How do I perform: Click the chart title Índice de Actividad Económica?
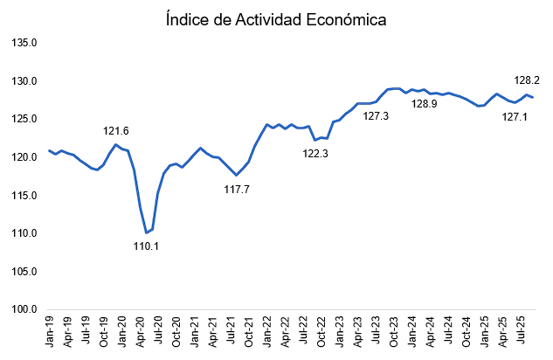[x=276, y=18]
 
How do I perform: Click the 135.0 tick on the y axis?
[x=23, y=43]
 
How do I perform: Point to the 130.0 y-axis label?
[x=23, y=81]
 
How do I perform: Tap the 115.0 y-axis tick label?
[x=23, y=195]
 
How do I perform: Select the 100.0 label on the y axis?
[x=23, y=308]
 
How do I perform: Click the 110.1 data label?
[x=145, y=246]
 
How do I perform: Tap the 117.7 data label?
[x=237, y=189]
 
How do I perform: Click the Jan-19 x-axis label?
[x=50, y=333]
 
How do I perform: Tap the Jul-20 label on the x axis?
[x=157, y=333]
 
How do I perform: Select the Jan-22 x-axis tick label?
[x=266, y=333]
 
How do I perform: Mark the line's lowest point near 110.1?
[x=146, y=232]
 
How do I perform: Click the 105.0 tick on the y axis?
[x=23, y=271]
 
